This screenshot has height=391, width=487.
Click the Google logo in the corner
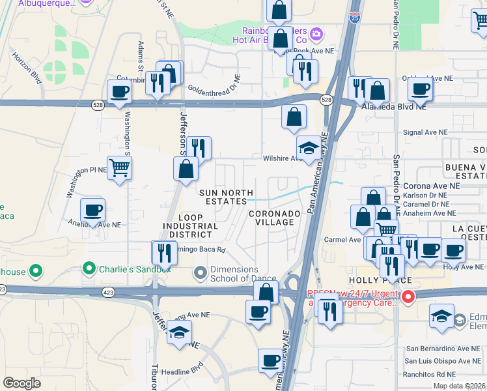[x=21, y=383]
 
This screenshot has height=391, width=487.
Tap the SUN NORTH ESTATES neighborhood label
[x=222, y=197]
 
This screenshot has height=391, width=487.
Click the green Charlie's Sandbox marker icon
[x=89, y=268]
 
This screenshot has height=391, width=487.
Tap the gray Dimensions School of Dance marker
[x=200, y=271]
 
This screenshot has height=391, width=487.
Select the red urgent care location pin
[x=408, y=298]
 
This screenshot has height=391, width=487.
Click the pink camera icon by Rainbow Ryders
[x=316, y=33]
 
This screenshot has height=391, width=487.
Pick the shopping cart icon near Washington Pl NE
[x=120, y=168]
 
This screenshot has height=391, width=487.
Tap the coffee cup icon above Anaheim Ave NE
[x=92, y=210]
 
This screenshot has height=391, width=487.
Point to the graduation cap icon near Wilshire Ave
[x=309, y=147]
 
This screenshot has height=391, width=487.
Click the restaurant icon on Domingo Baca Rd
[x=165, y=252]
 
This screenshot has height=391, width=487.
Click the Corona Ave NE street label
[x=431, y=186]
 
